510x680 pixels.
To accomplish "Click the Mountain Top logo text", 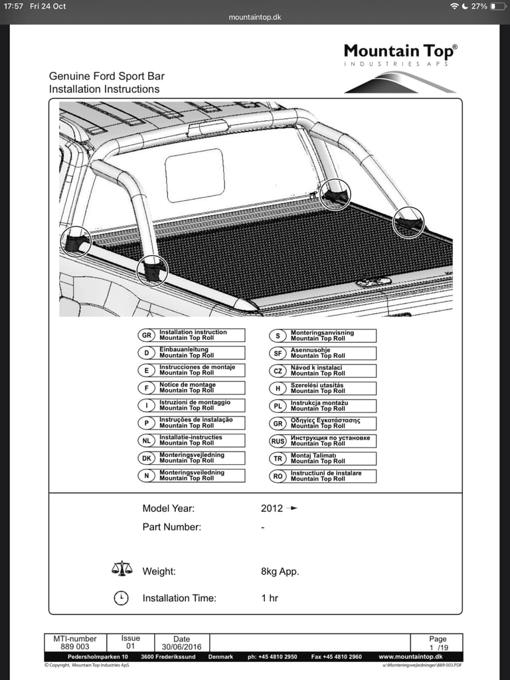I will point(400,51).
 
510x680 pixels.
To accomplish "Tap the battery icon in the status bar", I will point(497,6).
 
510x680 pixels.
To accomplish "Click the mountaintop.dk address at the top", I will point(254,17).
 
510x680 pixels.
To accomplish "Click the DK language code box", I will point(146,458).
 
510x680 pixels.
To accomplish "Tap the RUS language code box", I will point(278,441).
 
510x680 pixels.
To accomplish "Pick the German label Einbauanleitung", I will point(184,349).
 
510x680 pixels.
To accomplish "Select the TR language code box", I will point(278,458).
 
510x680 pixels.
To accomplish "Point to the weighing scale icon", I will point(122,569).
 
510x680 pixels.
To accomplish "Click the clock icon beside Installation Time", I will point(121,598).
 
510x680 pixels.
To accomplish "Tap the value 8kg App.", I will point(280,572).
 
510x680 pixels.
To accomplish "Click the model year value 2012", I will point(272,509).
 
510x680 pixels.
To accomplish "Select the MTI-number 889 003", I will point(75,646).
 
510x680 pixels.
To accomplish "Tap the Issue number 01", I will point(131,646).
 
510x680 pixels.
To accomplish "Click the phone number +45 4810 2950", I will point(273,657).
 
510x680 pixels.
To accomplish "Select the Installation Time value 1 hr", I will point(270,598).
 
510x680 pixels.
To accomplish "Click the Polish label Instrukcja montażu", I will point(319,402).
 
